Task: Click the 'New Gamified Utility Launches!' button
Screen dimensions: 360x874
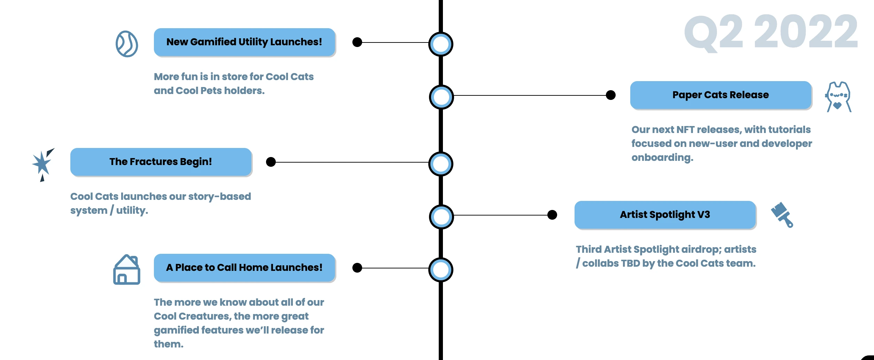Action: coord(244,42)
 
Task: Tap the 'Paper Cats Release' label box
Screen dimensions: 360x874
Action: coord(720,95)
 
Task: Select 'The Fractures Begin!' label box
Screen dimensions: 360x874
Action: coord(161,162)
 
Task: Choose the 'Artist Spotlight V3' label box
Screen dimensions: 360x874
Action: coord(665,215)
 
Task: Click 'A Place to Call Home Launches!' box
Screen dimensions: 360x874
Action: coord(244,268)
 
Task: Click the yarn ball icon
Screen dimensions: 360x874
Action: coord(127,44)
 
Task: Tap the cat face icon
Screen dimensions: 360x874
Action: coord(838,97)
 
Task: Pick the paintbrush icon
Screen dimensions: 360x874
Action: coord(782,214)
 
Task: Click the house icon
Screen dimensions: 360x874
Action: coord(127,270)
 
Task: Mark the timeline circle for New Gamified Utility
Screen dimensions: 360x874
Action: coord(441,44)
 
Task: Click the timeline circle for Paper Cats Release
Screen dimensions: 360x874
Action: coord(441,97)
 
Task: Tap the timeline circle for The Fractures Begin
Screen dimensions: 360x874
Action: coord(441,164)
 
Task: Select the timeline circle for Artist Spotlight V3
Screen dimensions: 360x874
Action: coord(441,217)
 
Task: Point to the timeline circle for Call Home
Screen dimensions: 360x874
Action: coord(441,270)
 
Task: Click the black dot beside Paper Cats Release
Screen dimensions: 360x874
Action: coord(611,95)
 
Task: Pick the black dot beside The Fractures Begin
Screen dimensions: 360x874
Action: coord(271,162)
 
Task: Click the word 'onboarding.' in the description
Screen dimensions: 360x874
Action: coord(662,158)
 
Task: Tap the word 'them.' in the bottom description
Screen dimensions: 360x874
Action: coord(169,344)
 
